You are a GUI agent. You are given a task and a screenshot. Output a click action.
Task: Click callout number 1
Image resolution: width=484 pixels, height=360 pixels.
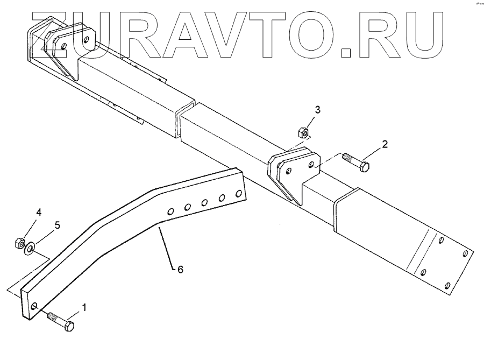(83, 308)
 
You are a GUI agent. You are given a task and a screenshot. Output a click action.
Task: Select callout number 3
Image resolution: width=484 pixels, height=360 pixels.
(318, 110)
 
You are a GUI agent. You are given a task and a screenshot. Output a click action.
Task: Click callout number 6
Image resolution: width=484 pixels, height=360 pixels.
(180, 269)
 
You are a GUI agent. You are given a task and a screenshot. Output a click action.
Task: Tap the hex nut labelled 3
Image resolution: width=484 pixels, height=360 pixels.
(303, 132)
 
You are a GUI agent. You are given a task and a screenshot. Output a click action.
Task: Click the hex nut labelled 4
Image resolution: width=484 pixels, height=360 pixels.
(18, 245)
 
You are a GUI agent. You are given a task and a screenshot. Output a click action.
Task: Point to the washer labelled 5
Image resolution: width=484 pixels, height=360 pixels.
(30, 247)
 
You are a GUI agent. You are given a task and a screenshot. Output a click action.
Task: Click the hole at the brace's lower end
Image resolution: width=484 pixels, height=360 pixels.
(34, 307)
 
